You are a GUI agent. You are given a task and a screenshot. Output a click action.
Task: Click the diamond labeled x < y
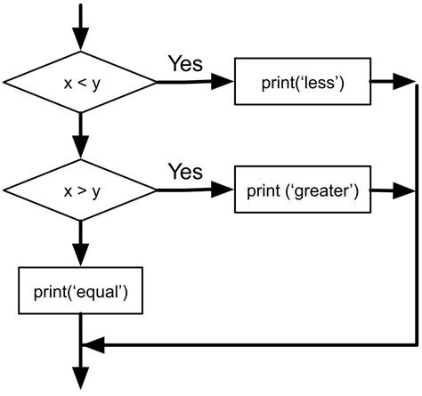(80, 83)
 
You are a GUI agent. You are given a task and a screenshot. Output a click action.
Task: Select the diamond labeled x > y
(80, 190)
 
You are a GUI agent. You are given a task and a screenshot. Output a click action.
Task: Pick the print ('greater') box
(303, 190)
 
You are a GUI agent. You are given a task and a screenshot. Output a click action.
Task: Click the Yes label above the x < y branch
(185, 64)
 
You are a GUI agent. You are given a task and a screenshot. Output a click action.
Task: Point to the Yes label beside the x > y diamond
(185, 171)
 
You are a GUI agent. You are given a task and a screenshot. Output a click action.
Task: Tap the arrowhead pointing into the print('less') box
(223, 83)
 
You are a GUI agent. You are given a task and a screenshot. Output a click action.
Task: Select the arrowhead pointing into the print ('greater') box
(223, 190)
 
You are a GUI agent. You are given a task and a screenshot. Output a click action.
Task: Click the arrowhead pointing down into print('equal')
(80, 255)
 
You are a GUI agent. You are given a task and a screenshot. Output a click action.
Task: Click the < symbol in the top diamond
(80, 84)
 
